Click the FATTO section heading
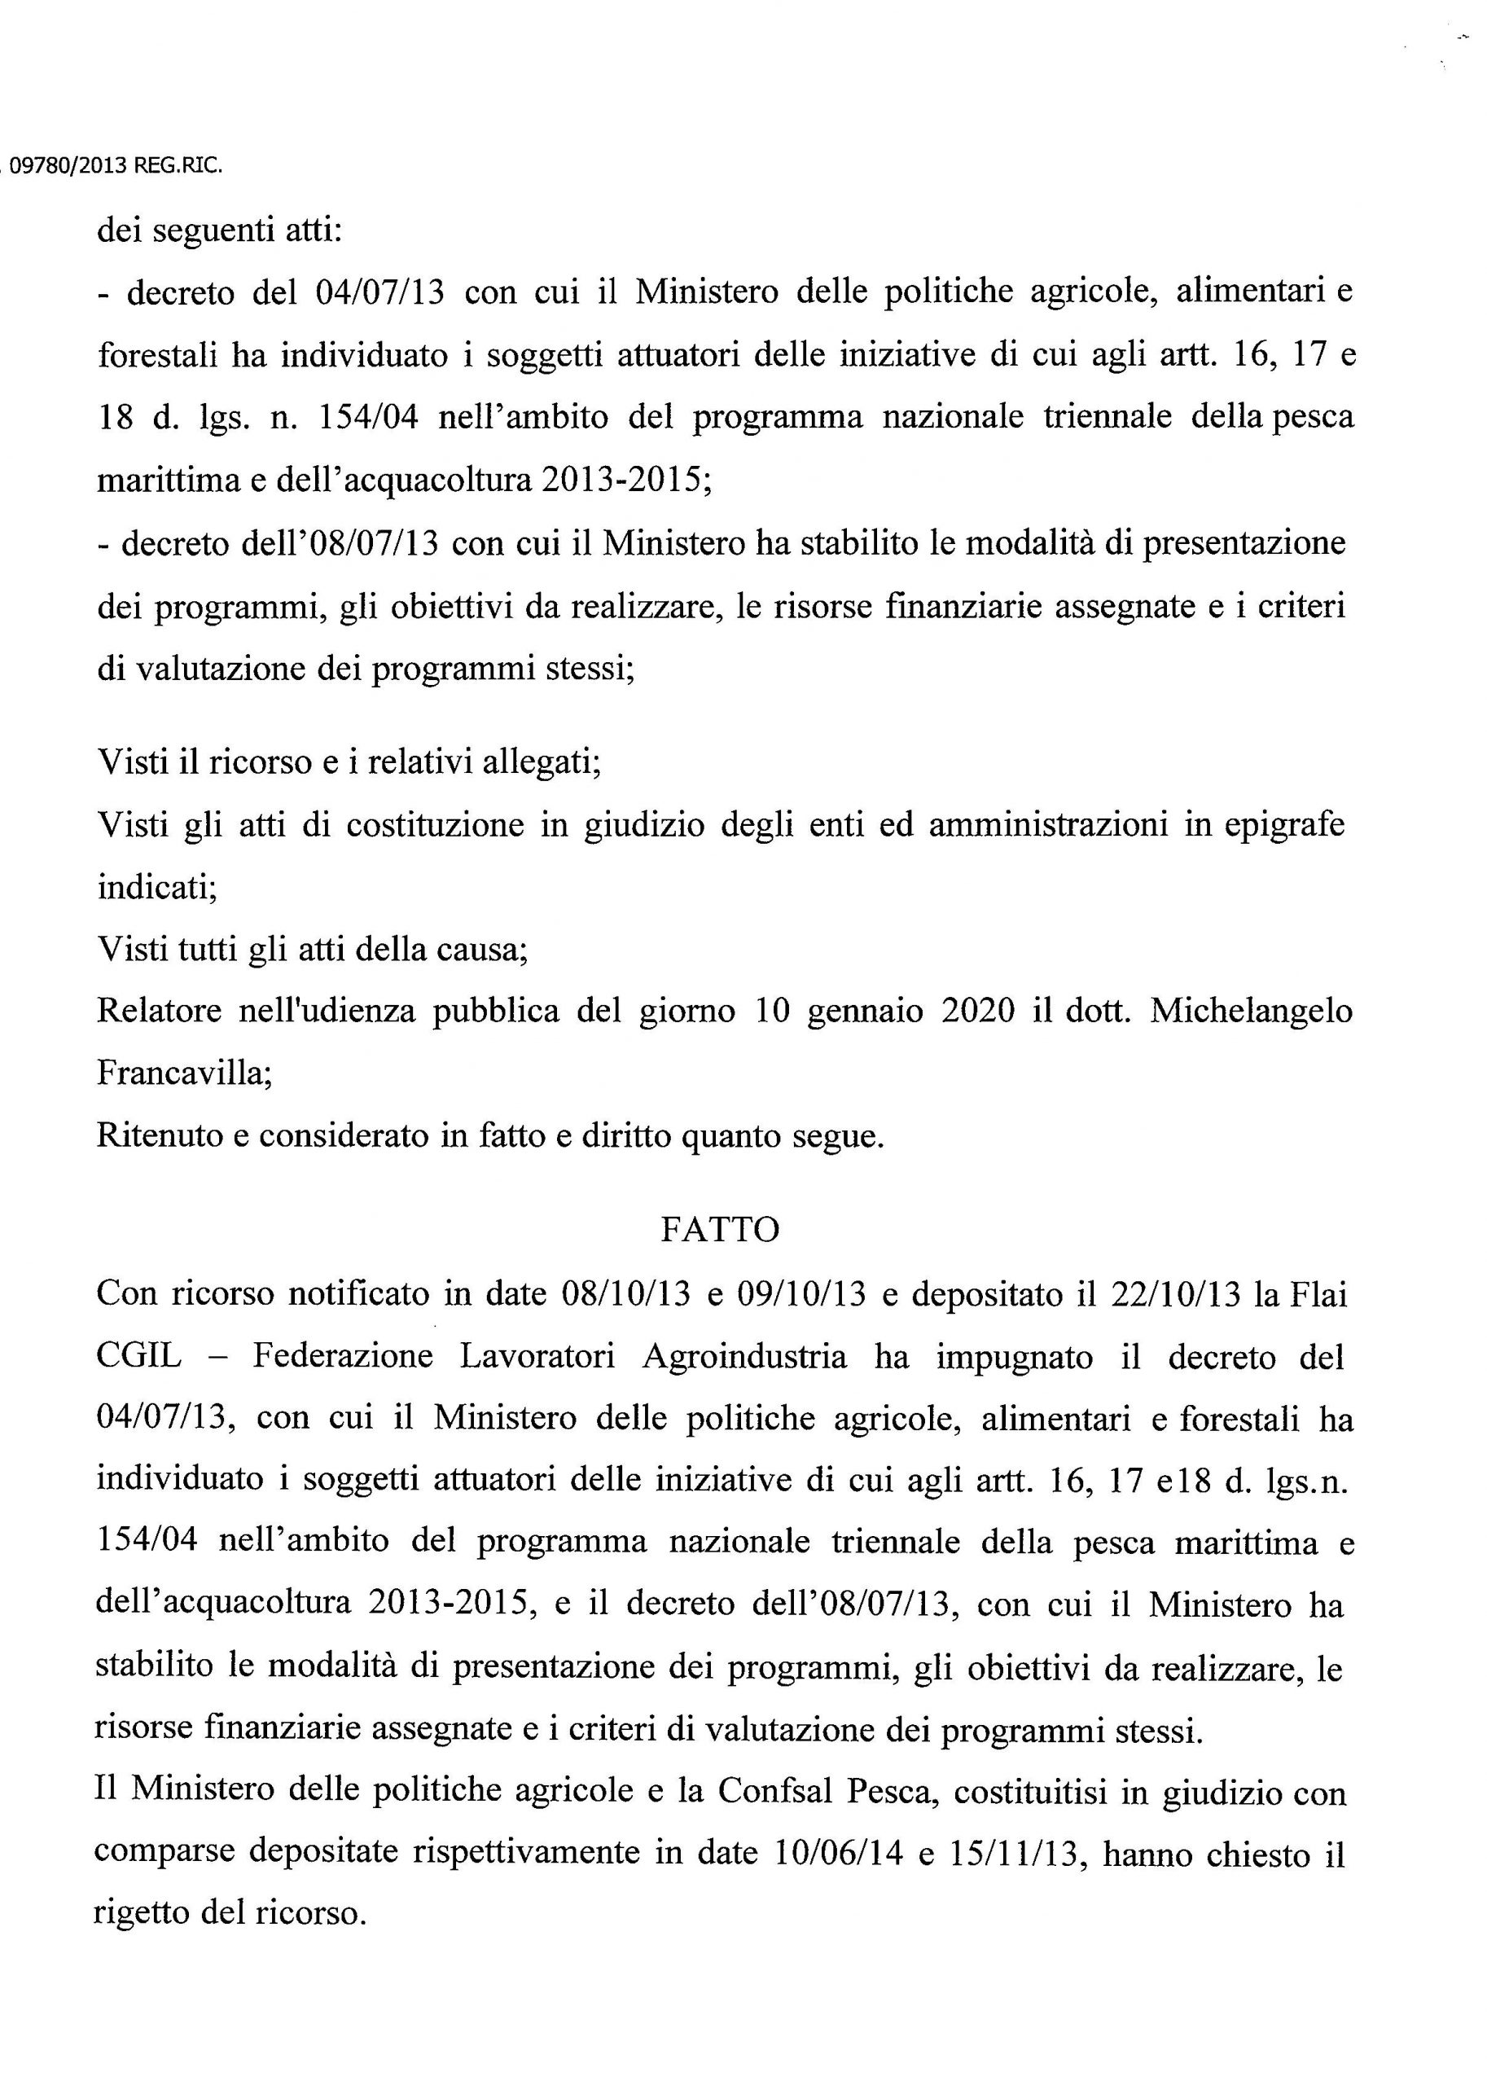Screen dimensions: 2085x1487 (720, 1229)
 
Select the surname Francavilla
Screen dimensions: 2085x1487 (184, 1073)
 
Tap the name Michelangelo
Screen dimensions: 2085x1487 (1251, 1010)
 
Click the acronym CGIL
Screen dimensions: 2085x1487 (138, 1356)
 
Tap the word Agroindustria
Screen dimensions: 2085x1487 (744, 1356)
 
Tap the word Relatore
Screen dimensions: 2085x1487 (160, 1010)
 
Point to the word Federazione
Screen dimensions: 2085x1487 (343, 1356)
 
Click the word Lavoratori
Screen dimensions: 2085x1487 (537, 1356)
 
